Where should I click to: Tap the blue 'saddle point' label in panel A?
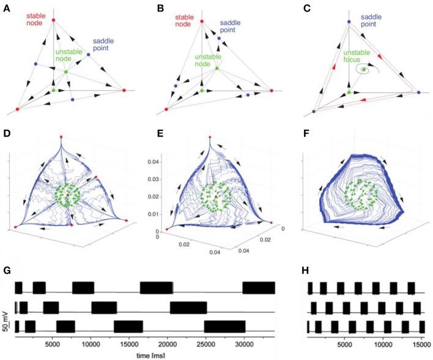[x=104, y=45]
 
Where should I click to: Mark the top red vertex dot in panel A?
[x=53, y=20]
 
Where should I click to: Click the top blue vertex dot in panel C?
[x=349, y=22]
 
